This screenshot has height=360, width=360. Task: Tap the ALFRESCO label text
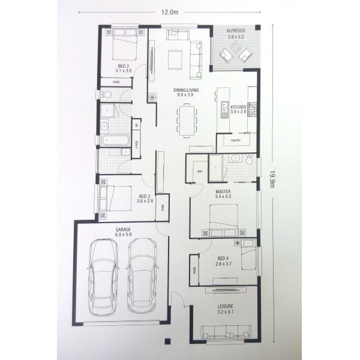click(236, 31)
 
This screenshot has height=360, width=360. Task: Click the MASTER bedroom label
click(223, 193)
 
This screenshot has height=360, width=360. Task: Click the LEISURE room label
click(226, 309)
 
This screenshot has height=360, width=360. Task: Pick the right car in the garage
click(143, 275)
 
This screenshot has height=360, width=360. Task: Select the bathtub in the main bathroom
click(113, 140)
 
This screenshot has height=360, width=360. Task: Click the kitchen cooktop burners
click(253, 109)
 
